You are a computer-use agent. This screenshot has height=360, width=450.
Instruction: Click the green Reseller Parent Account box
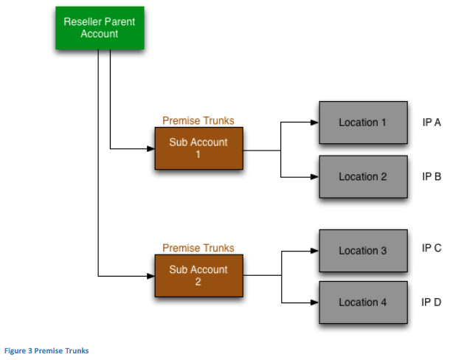pos(100,28)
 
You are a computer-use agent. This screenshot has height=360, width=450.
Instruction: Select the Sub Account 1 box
pos(199,148)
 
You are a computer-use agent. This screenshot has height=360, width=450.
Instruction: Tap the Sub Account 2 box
pos(199,276)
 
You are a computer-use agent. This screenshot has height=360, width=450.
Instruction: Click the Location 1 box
pos(364,122)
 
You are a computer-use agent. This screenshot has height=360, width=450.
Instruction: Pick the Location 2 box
pos(364,176)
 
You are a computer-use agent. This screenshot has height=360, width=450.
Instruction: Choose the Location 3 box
pos(364,251)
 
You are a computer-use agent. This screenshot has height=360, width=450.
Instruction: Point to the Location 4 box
pos(364,302)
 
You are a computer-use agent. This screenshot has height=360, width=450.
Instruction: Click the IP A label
pos(432,122)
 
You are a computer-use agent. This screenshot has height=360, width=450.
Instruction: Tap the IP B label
pos(432,176)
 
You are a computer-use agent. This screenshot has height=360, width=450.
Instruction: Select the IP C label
pos(432,248)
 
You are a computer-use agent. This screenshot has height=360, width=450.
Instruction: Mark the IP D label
pos(432,302)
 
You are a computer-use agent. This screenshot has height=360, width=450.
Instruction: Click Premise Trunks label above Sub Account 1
pos(198,120)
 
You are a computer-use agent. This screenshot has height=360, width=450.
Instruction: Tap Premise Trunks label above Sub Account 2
pos(198,248)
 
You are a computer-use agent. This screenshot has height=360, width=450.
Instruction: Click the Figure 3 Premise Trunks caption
pos(46,351)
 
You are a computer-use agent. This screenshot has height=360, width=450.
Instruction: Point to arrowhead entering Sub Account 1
pos(151,149)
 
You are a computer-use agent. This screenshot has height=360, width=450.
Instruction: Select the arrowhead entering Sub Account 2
pos(151,276)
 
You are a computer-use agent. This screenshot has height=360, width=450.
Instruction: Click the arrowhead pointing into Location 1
pos(315,122)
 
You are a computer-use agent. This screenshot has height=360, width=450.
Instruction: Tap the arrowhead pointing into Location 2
pos(315,177)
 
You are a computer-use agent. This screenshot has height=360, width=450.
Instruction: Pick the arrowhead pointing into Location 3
pos(315,251)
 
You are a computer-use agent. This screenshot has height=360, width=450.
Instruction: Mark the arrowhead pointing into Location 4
pos(315,302)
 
